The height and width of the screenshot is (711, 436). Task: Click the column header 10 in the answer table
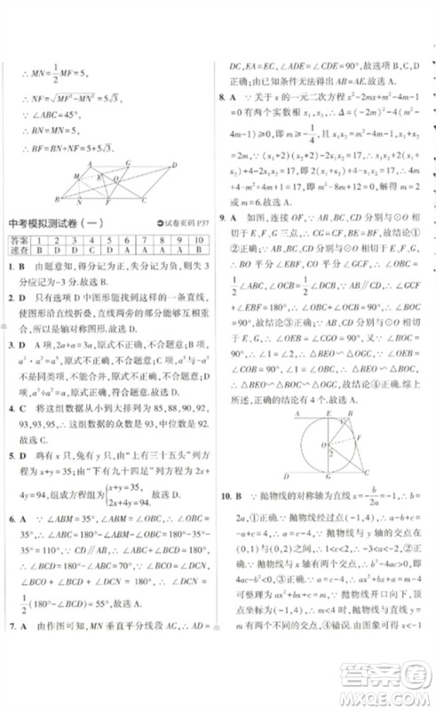coord(198,239)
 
